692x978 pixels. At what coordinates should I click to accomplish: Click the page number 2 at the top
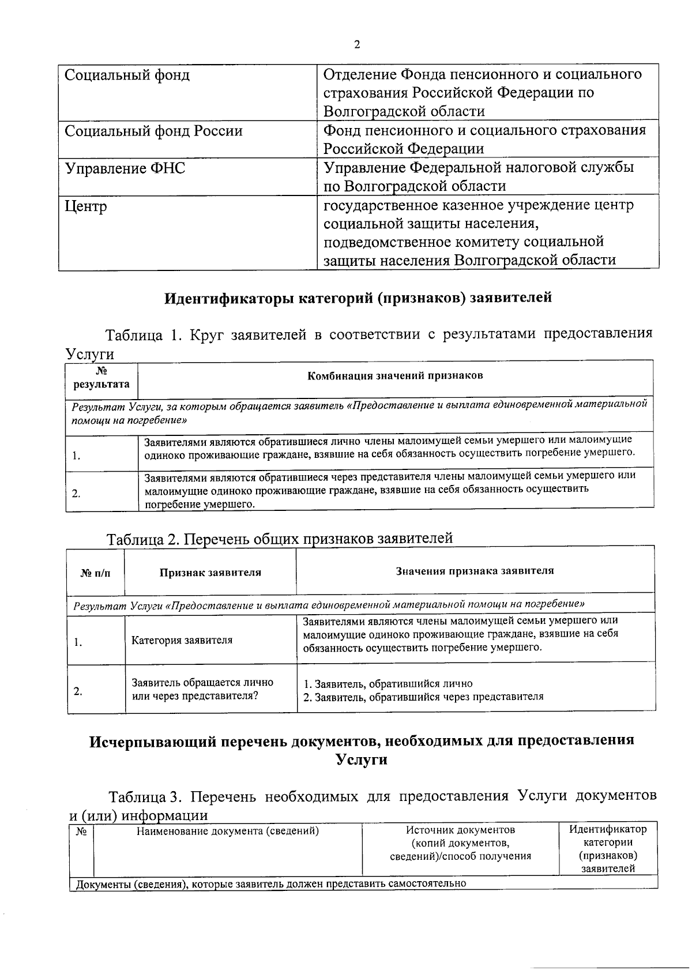click(357, 46)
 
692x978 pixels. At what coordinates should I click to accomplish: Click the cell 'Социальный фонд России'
click(153, 131)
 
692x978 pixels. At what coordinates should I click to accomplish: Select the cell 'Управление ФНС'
click(125, 168)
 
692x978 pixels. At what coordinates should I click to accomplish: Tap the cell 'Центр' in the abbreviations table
click(86, 206)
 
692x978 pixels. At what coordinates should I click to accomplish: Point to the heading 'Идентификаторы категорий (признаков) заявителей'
click(358, 298)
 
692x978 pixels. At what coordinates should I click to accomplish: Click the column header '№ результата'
click(101, 378)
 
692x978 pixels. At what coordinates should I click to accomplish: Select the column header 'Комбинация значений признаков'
click(395, 375)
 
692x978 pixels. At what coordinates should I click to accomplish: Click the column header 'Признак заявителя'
click(210, 572)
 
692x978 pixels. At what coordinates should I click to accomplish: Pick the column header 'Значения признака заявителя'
click(475, 570)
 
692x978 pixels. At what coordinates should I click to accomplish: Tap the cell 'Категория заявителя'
click(182, 640)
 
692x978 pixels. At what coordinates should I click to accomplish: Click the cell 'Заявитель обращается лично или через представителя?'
click(202, 689)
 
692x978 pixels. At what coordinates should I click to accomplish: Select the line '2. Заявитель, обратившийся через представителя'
click(423, 696)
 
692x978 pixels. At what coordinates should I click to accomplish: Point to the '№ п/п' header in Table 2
click(95, 572)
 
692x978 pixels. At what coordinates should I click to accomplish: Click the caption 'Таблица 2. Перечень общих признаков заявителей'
click(280, 539)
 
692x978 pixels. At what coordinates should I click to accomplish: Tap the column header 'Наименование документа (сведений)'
click(228, 830)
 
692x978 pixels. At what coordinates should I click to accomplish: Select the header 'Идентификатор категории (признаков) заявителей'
click(608, 848)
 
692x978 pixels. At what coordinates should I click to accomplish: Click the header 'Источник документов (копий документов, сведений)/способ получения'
click(460, 842)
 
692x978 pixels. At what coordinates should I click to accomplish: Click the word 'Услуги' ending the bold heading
click(362, 759)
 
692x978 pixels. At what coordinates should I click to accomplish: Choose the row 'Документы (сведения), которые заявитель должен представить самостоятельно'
click(271, 883)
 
